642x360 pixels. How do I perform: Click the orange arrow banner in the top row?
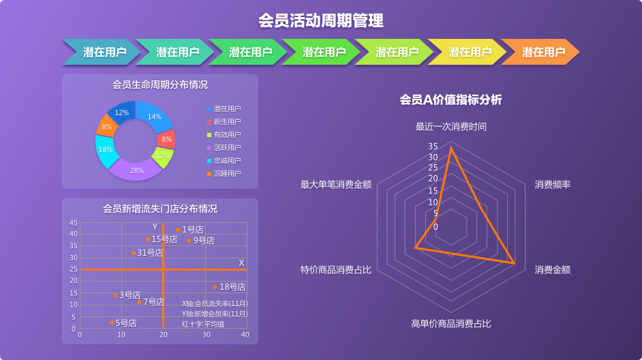[x=540, y=52]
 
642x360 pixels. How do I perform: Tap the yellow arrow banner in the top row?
[x=468, y=52]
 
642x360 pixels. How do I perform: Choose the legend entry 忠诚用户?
[x=224, y=160]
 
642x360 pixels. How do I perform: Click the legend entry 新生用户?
[x=224, y=121]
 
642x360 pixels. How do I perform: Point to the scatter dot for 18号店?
[x=215, y=287]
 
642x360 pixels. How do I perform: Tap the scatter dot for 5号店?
[x=112, y=322]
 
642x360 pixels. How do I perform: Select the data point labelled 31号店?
[x=134, y=253]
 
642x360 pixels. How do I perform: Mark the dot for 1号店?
[x=178, y=230]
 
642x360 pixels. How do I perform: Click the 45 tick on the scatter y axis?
[x=74, y=223]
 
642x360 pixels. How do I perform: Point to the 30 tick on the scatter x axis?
[x=206, y=335]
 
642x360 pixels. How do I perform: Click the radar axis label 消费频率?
[x=552, y=185]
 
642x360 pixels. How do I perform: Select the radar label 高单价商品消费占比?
[x=450, y=324]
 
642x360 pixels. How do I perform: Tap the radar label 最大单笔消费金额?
[x=336, y=185]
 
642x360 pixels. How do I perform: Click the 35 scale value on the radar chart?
[x=433, y=146]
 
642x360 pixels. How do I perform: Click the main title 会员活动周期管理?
[x=321, y=20]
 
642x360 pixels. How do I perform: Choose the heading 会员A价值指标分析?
[x=450, y=100]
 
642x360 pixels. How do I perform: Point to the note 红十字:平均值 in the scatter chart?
[x=203, y=324]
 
